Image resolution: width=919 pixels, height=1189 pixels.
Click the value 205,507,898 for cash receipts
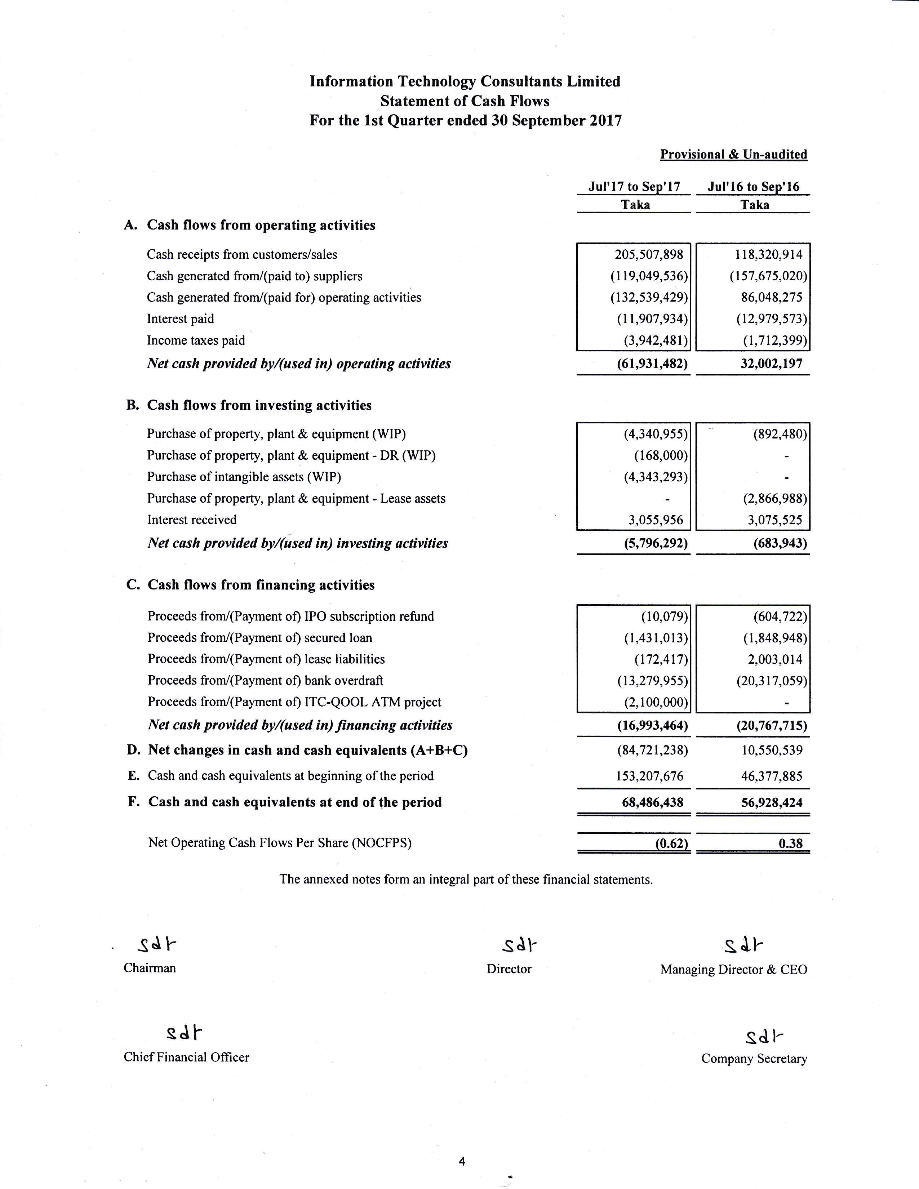click(649, 255)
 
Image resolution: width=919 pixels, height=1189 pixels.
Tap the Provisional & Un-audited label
click(733, 155)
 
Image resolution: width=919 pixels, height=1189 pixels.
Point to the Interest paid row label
click(180, 319)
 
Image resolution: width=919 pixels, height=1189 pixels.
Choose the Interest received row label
click(192, 520)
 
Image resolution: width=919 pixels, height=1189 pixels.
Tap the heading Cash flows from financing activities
click(261, 585)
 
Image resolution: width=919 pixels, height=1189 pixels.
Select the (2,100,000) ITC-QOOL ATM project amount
click(656, 702)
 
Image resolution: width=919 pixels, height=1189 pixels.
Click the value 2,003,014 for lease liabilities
click(775, 659)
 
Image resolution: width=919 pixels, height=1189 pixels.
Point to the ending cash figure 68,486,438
click(652, 802)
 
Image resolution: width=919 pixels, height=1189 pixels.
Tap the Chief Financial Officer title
click(186, 1057)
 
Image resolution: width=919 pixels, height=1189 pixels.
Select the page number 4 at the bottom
click(462, 1162)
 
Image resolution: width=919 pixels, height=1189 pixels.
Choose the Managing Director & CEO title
click(733, 970)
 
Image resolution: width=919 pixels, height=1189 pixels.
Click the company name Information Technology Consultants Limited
click(465, 82)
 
